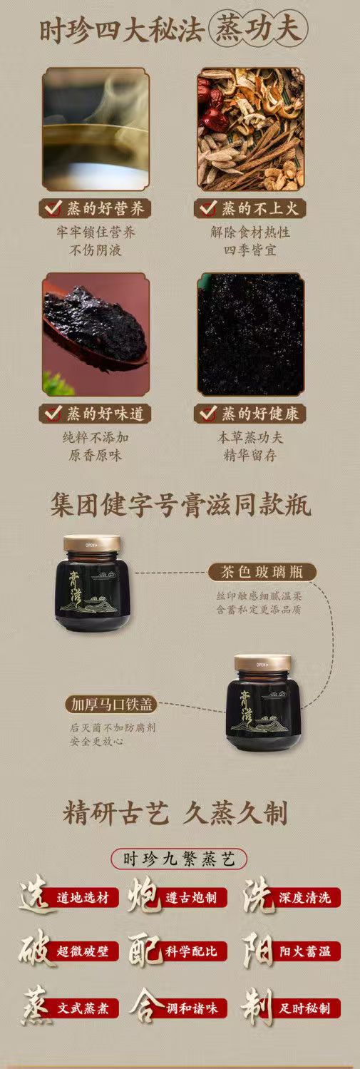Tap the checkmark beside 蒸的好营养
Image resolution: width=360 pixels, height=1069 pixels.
point(53,208)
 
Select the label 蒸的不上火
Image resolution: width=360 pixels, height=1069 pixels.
point(250,208)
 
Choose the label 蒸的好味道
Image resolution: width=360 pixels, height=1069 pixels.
point(96,414)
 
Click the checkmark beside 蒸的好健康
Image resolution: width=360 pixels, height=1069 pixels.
point(207,414)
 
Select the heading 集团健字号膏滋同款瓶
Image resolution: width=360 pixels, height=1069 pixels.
point(180,506)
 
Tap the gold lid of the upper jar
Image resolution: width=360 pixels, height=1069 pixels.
point(91,543)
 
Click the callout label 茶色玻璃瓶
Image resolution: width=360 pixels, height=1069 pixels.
point(262,572)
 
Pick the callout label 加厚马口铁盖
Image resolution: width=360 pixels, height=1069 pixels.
point(110,705)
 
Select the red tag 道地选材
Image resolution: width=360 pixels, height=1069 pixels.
point(82,898)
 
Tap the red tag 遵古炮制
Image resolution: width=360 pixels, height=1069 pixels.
point(192,898)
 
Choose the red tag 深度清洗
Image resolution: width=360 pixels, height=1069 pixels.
point(305,898)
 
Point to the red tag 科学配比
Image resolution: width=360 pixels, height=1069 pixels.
point(192,951)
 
